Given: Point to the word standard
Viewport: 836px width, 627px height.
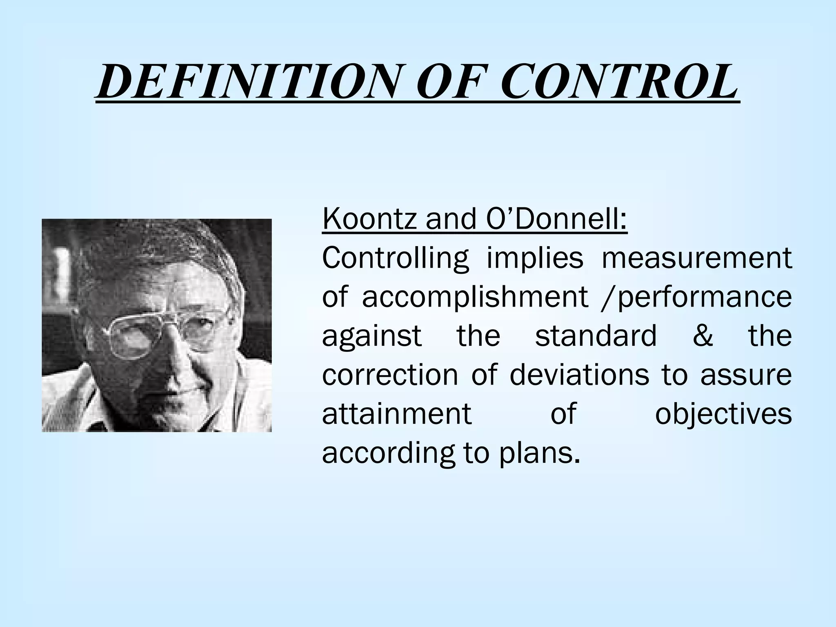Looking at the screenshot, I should pyautogui.click(x=596, y=336).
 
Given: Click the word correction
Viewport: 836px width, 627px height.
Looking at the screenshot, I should pyautogui.click(x=390, y=375).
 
